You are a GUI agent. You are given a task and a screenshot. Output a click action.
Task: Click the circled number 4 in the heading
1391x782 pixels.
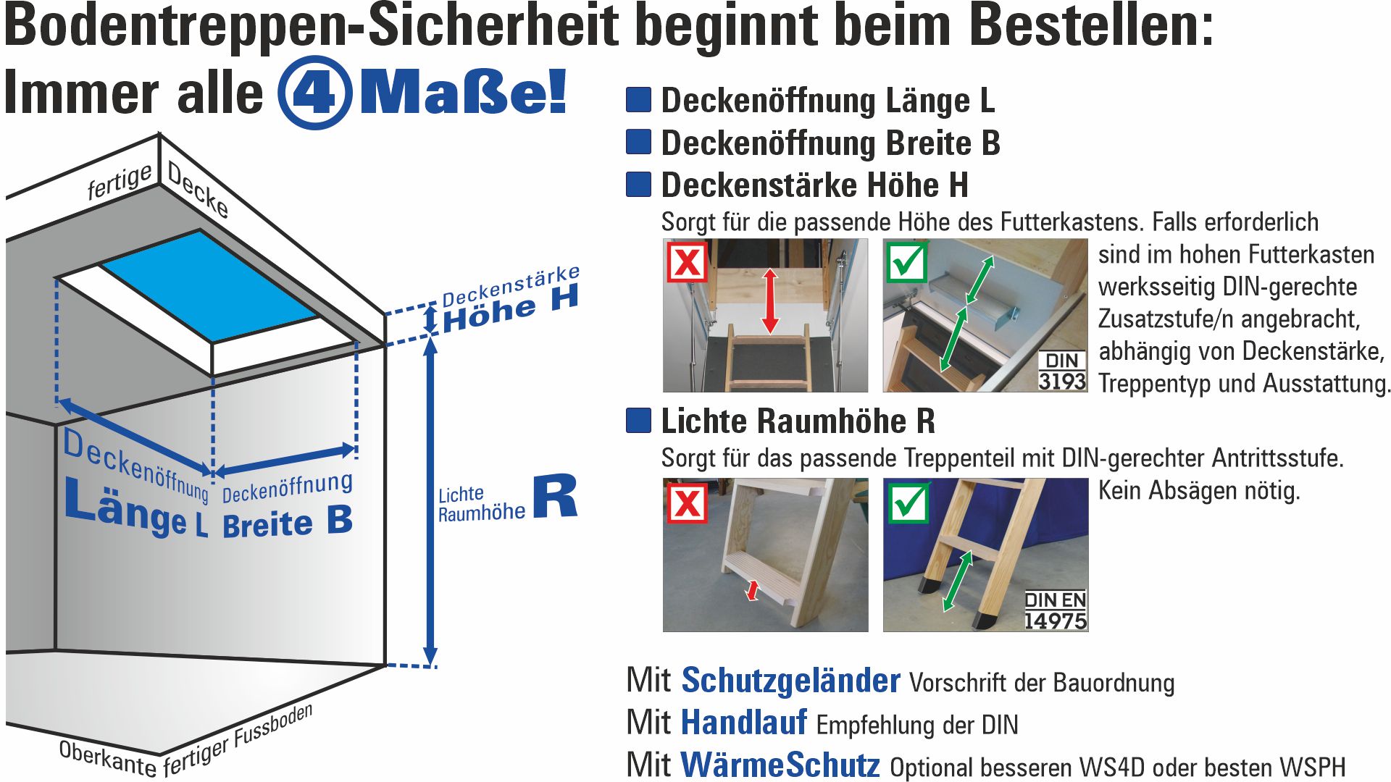point(315,93)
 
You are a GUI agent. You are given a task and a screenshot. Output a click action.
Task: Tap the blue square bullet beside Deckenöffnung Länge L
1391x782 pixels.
point(638,99)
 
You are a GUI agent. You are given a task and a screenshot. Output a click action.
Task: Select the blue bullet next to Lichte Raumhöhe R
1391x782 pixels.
point(638,420)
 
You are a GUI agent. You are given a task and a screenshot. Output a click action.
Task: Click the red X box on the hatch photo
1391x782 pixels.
point(687,261)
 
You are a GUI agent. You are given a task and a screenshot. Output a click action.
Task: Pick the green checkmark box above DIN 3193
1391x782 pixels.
point(906,261)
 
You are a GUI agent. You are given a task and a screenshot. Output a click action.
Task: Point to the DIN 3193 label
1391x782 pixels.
point(1062,371)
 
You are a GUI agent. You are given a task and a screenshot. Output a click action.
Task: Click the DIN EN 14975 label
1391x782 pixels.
point(1056,610)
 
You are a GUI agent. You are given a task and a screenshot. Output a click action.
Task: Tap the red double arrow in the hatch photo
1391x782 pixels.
point(770,301)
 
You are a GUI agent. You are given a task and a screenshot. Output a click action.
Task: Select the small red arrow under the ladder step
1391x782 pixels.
point(753,590)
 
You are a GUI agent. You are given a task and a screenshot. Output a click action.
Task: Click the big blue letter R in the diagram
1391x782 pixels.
point(555,496)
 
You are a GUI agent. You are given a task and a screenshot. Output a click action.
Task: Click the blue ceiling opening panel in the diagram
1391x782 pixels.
point(209,285)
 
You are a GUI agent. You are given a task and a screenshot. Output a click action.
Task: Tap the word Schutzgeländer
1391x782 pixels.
point(790,681)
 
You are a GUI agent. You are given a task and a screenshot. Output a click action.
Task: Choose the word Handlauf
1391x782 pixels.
point(744,723)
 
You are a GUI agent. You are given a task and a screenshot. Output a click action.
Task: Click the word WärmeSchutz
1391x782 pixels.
point(780,765)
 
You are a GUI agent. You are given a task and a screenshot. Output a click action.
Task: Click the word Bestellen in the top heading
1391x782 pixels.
point(1090,26)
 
